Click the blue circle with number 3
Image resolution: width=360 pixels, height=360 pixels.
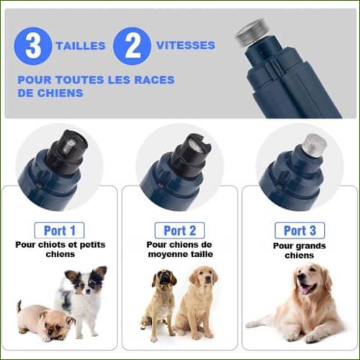point(33,45)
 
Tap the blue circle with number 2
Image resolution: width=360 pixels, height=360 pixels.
point(132,45)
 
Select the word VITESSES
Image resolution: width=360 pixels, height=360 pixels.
point(185,45)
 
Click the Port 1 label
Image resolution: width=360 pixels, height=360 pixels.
point(60,230)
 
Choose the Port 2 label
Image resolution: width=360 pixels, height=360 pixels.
point(179,230)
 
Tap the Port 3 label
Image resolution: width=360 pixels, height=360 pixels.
point(299,230)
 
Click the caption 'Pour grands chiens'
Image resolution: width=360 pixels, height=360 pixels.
point(299,250)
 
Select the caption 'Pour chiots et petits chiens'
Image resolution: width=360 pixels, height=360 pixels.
point(60,249)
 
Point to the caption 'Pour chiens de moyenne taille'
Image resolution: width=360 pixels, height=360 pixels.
point(179,249)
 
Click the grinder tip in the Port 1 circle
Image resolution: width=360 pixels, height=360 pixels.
point(69,144)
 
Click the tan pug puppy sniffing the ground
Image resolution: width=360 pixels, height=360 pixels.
point(45,320)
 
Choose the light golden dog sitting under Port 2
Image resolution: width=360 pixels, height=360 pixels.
point(198,302)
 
